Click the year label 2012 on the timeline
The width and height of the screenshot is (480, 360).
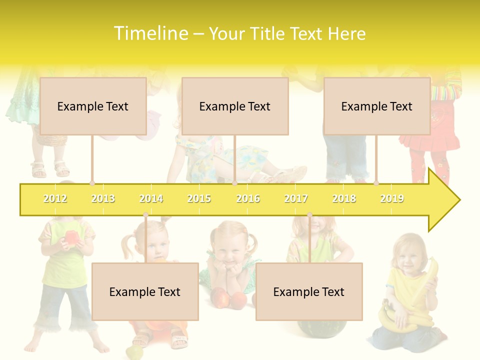point(55,198)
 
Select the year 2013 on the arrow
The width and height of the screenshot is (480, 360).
point(103,198)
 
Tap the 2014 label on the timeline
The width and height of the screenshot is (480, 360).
point(151,198)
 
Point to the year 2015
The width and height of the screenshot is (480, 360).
point(199,198)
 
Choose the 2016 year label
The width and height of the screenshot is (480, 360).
point(248,198)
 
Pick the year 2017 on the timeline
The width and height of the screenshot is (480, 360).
point(296,198)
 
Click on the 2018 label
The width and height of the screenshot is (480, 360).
point(344,198)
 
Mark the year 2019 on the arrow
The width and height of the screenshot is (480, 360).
point(392,198)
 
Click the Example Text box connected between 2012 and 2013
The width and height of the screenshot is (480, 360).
point(93,106)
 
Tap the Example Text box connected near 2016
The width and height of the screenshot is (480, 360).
point(235,106)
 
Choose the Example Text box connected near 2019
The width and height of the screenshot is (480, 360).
point(377,106)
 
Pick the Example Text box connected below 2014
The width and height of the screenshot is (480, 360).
point(145,291)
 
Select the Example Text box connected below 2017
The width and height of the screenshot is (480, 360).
point(309,291)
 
